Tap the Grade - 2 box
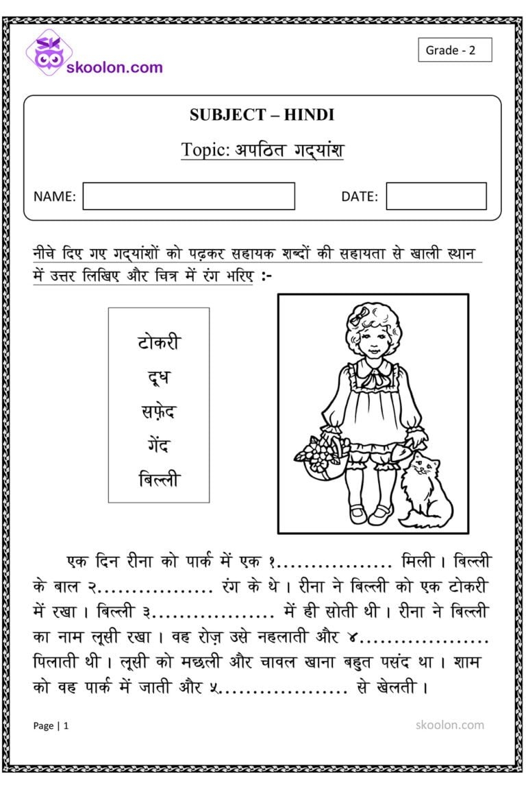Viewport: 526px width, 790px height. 455,50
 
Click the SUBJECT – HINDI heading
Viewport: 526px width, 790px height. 262,115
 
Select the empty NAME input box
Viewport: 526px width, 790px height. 188,196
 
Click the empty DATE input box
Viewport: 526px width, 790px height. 436,196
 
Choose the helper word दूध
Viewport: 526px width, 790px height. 158,377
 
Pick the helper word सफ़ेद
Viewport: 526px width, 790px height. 158,411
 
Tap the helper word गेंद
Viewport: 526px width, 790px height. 158,446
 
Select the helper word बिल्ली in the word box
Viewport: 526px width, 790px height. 158,479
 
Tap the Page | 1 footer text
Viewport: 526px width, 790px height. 51,726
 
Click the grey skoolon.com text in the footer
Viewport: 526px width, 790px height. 449,725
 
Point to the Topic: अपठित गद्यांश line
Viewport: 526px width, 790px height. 262,149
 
